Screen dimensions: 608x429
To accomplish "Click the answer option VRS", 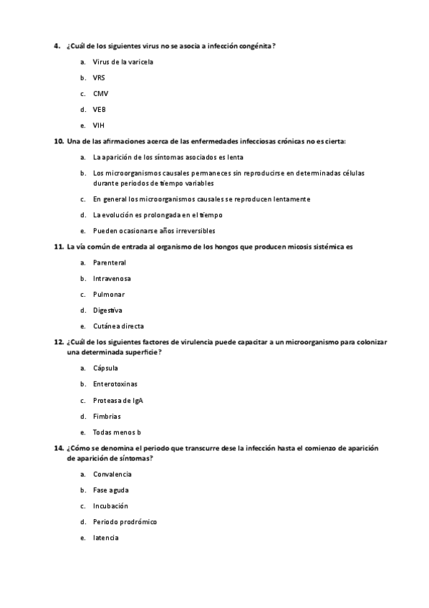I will (99, 77).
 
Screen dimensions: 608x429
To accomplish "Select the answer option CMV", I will (100, 93).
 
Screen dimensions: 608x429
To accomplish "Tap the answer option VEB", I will (100, 109).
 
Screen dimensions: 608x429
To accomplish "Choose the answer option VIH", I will (99, 125).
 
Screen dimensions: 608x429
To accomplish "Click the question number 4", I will (56, 46).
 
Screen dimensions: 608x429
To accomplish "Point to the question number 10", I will (58, 141).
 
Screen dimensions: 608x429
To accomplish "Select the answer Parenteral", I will (109, 262).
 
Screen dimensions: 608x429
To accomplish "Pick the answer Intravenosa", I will (112, 278).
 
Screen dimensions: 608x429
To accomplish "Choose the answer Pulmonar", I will (109, 294).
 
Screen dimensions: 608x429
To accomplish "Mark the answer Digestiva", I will (107, 310).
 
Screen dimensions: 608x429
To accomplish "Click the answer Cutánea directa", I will (118, 326).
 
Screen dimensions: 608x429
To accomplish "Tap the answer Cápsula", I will (105, 368).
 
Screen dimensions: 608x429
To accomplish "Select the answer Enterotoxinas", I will (115, 384).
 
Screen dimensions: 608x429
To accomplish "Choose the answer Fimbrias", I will (107, 416).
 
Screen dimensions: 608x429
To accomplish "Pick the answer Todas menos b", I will (117, 432).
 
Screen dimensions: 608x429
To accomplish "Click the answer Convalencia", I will (112, 474).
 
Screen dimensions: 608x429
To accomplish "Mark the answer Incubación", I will (110, 505).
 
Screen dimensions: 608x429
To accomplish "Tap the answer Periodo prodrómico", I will (125, 521).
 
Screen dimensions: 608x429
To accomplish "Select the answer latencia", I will (105, 537).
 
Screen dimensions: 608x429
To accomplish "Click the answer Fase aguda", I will (110, 490).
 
